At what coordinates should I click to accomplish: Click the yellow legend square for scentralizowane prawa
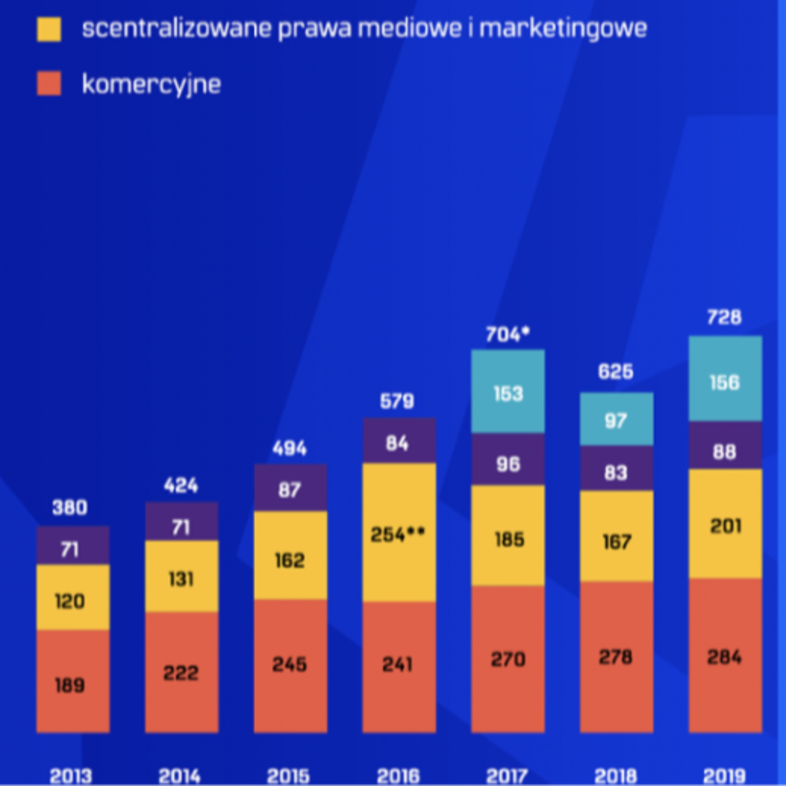click(49, 29)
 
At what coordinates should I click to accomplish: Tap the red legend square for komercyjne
click(49, 83)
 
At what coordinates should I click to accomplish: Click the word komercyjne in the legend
click(151, 84)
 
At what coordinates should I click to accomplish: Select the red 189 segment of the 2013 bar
click(73, 682)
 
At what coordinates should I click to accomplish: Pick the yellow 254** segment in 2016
click(399, 533)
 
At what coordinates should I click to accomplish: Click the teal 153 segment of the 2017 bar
click(508, 391)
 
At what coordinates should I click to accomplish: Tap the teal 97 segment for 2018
click(616, 419)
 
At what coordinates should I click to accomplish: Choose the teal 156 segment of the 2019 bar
click(725, 378)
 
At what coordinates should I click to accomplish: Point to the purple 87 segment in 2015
click(291, 487)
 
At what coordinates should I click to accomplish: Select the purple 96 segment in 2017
click(508, 459)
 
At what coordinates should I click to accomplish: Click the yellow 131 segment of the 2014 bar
click(182, 576)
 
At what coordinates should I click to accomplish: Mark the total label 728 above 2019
click(725, 317)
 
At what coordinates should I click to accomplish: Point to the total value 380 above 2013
click(70, 508)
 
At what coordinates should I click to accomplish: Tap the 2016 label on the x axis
click(398, 777)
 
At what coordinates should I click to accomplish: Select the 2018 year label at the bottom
click(616, 777)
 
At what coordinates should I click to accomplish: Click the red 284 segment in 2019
click(725, 656)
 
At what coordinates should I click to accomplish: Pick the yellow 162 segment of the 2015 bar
click(291, 556)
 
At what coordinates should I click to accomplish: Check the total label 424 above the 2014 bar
click(181, 485)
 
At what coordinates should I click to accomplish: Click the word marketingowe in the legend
click(563, 29)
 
